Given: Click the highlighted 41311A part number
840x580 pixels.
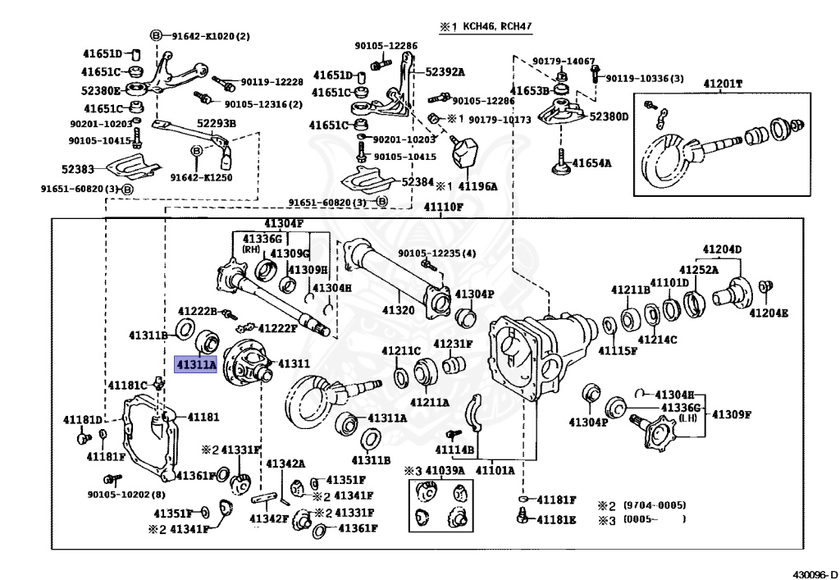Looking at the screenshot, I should click(195, 364).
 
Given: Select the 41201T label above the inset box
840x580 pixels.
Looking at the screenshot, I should click(722, 84).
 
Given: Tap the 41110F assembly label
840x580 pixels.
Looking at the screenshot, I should click(444, 208).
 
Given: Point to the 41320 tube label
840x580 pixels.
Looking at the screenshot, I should click(399, 310).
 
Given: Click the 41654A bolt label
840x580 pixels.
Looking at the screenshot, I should click(591, 162).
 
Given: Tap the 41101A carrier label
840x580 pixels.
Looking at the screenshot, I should click(495, 470).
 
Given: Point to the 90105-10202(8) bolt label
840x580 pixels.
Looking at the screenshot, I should click(126, 494).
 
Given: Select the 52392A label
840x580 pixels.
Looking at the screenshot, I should click(445, 71).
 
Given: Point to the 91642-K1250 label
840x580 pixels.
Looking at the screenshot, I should click(201, 176).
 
